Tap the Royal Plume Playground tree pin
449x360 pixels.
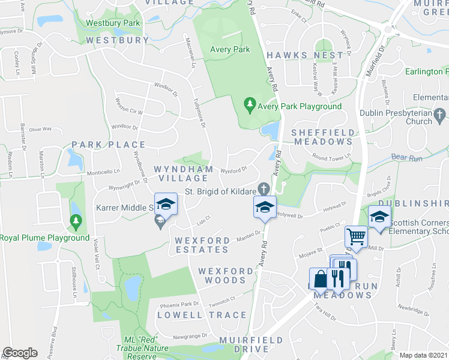pos(76,223)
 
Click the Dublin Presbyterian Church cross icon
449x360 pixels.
pos(439,113)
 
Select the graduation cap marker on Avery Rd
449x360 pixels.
pos(264,207)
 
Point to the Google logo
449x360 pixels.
pos(20,353)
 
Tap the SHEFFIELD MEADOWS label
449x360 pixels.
pos(322,137)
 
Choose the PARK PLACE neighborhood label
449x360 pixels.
pos(109,145)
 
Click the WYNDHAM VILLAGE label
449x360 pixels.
pos(184,174)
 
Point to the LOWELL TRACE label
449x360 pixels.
pos(202,315)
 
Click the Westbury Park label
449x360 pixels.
pos(113,23)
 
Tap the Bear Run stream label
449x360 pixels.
pos(408,158)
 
